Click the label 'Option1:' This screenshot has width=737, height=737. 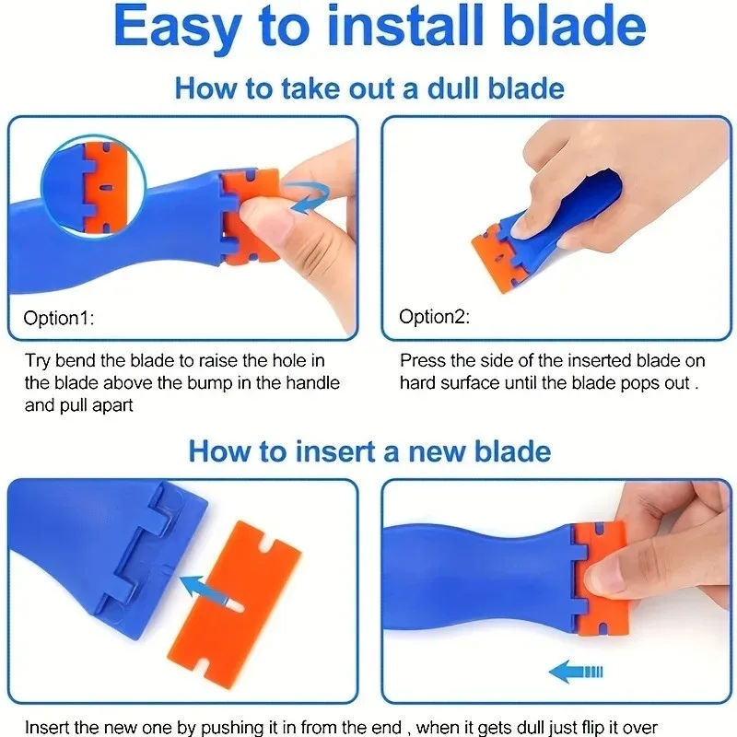click(59, 318)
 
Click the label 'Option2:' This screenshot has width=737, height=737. click(434, 316)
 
